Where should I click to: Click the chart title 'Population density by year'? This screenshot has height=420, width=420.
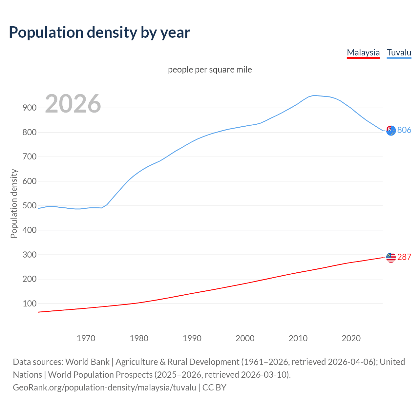[99, 32]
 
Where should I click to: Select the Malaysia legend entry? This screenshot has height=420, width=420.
[363, 52]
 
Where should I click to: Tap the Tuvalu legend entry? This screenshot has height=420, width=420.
[399, 52]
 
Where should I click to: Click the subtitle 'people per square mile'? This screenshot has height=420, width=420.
[210, 70]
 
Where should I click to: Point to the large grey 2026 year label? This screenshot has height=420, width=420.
[73, 104]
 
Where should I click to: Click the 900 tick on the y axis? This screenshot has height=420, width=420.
[30, 108]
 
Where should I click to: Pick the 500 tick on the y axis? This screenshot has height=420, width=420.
[30, 206]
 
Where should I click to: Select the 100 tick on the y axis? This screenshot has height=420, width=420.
[30, 304]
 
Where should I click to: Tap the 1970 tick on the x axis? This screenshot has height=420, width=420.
[86, 338]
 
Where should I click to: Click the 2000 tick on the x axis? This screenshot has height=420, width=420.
[245, 338]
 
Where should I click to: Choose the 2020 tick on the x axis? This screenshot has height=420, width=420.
[351, 338]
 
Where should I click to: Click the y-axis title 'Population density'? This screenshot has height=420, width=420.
[14, 203]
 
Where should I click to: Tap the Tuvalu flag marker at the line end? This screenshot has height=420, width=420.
[391, 131]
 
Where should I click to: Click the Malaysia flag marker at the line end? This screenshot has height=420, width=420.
[391, 258]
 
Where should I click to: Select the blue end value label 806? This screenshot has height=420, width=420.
[404, 130]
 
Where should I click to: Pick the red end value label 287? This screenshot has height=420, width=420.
[404, 257]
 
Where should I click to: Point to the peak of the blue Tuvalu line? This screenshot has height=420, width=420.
[314, 95]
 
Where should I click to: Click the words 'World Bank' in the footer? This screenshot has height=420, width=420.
[87, 362]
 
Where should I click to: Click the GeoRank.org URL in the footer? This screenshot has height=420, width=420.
[104, 388]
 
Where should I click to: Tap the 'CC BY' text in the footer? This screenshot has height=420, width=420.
[214, 388]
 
